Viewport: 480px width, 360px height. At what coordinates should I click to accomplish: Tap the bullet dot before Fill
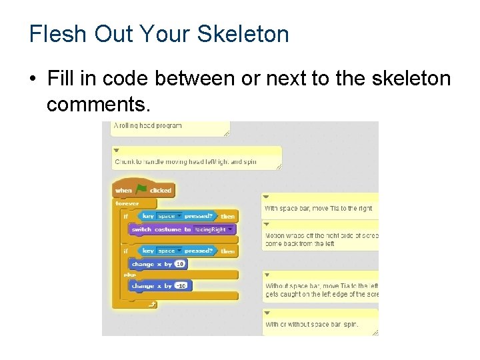(32, 79)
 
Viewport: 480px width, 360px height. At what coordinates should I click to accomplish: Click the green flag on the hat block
(141, 190)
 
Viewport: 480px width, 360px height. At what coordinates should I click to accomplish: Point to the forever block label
(127, 203)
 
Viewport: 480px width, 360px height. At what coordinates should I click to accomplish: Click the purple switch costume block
(160, 229)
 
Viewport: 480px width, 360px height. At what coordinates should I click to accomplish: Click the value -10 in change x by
(181, 286)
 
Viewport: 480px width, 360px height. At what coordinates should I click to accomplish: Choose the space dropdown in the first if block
(169, 216)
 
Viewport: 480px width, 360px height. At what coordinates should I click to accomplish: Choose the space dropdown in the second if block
(169, 251)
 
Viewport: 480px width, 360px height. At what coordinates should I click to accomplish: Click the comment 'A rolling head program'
(149, 125)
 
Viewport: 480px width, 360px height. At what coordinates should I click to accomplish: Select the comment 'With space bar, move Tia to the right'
(319, 209)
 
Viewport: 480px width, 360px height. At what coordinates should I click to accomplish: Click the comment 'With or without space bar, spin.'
(312, 325)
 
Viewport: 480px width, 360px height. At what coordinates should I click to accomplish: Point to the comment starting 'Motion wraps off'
(321, 239)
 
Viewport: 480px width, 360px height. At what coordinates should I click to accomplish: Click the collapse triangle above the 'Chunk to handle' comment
(116, 151)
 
